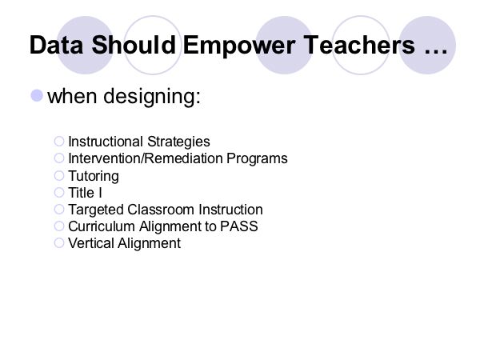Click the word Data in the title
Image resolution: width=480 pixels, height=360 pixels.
click(x=56, y=45)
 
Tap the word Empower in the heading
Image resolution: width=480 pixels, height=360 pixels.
click(x=239, y=46)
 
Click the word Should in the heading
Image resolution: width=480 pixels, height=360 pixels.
click(x=134, y=45)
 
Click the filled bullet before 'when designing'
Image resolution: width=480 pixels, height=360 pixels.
click(x=37, y=95)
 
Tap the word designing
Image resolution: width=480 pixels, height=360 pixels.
click(x=152, y=98)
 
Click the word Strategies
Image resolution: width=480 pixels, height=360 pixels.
click(x=178, y=142)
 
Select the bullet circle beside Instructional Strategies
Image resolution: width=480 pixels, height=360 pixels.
click(x=59, y=142)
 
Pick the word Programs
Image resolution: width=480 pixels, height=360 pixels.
click(x=257, y=159)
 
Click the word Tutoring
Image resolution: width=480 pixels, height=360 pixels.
click(x=94, y=177)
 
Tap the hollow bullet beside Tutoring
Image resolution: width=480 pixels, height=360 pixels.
click(x=59, y=176)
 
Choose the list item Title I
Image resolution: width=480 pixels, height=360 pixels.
click(x=85, y=193)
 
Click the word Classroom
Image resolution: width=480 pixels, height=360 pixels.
click(x=161, y=210)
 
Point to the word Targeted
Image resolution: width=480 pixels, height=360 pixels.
click(x=96, y=210)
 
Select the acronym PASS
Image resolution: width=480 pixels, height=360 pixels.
click(x=239, y=226)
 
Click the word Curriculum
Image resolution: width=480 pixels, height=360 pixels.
click(x=102, y=226)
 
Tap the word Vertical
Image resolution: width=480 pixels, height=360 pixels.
click(x=91, y=243)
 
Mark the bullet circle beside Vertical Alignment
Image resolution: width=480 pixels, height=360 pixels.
click(x=59, y=243)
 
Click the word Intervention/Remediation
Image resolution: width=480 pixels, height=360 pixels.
click(x=146, y=158)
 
